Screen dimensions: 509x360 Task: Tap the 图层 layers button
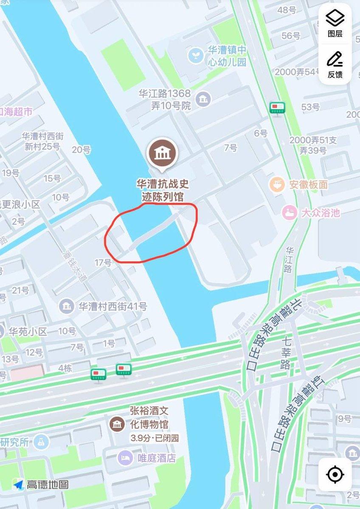click(x=335, y=23)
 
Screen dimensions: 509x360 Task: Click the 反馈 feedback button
click(x=335, y=64)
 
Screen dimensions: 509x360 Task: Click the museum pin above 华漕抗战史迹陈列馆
click(x=161, y=153)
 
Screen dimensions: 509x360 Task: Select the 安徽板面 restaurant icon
click(x=277, y=185)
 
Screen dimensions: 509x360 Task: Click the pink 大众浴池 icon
click(x=290, y=212)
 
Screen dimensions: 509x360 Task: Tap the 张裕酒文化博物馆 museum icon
click(x=116, y=424)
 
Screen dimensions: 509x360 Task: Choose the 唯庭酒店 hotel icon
click(x=125, y=458)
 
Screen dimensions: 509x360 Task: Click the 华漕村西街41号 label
click(x=112, y=306)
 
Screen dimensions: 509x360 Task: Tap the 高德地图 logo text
click(x=47, y=484)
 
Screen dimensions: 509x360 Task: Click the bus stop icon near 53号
click(x=278, y=107)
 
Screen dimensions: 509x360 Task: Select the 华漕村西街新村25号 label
click(x=42, y=141)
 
